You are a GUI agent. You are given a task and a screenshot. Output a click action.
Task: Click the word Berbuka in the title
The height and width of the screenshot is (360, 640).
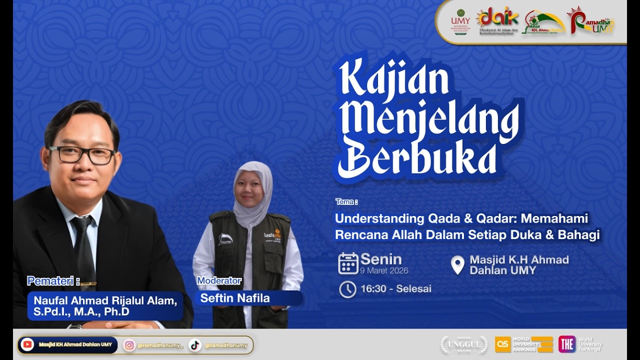pyautogui.click(x=417, y=159)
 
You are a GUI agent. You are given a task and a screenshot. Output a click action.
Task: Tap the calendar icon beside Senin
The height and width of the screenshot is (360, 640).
pyautogui.click(x=348, y=263)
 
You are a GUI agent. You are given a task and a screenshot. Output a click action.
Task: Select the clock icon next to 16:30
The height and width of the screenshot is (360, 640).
pyautogui.click(x=347, y=289)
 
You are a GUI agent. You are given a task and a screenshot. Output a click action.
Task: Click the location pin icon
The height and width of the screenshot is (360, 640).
pyautogui.click(x=457, y=265)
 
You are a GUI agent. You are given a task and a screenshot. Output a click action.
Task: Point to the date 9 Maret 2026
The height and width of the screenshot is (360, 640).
pyautogui.click(x=384, y=271)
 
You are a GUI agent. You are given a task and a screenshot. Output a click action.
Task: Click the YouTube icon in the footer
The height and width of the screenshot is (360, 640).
pyautogui.click(x=27, y=344)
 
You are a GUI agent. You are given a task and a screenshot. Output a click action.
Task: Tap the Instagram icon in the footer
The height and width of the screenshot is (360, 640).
pyautogui.click(x=129, y=345)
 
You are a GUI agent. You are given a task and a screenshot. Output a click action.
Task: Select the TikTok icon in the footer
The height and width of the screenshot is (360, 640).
pyautogui.click(x=195, y=345)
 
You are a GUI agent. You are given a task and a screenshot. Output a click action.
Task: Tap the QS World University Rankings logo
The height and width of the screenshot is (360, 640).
pyautogui.click(x=524, y=344)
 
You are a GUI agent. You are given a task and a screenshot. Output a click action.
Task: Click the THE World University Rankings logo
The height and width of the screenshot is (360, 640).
pyautogui.click(x=580, y=344)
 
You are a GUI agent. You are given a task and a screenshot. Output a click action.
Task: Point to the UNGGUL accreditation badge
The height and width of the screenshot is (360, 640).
pyautogui.click(x=463, y=344)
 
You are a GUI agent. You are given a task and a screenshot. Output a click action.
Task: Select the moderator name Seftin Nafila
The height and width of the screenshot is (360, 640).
pyautogui.click(x=235, y=298)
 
